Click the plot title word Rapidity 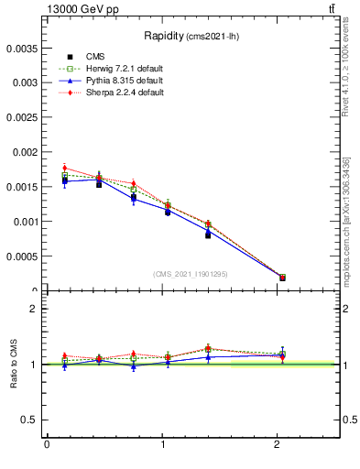tap(163, 36)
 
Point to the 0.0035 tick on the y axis tap(22, 47)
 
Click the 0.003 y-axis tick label tap(25, 82)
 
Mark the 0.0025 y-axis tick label tap(22, 116)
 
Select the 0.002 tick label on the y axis tap(25, 151)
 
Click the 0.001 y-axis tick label tap(25, 222)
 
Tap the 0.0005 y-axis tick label tap(22, 256)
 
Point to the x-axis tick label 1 tap(163, 445)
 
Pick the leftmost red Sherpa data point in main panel tap(65, 168)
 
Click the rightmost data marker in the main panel tap(282, 277)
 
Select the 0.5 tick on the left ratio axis tap(27, 420)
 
